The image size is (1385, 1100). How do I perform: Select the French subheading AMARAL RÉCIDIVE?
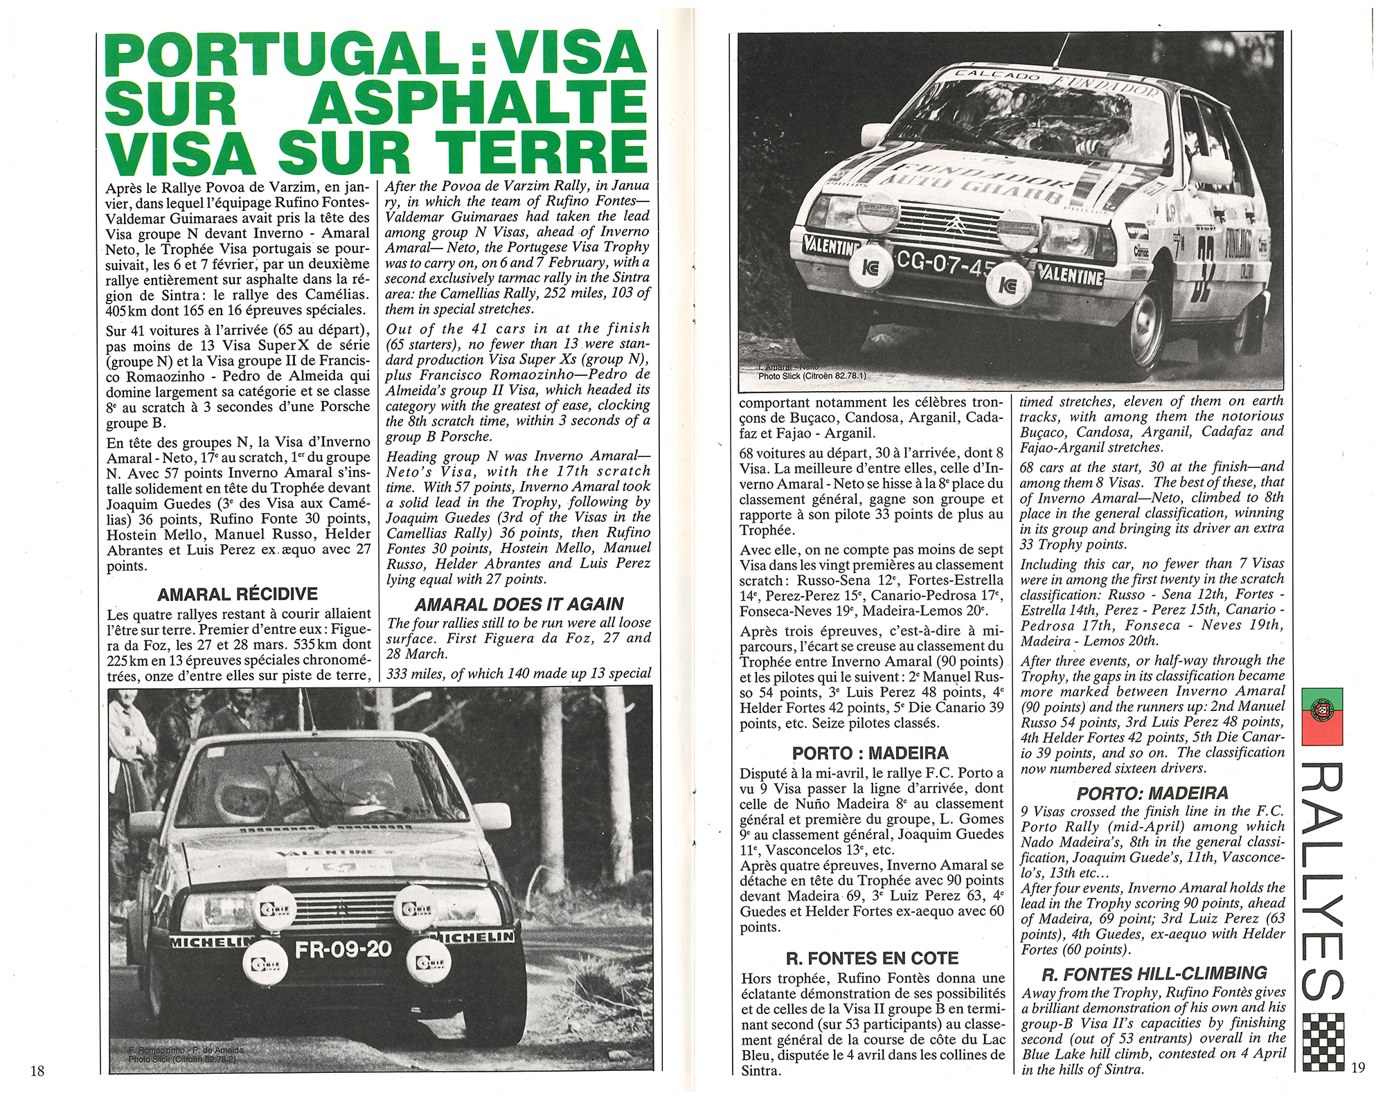point(238,594)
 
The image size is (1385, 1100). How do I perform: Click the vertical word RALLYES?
point(1323,887)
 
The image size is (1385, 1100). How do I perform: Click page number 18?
point(37,1071)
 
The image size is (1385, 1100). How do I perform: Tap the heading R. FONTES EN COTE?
point(872,959)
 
